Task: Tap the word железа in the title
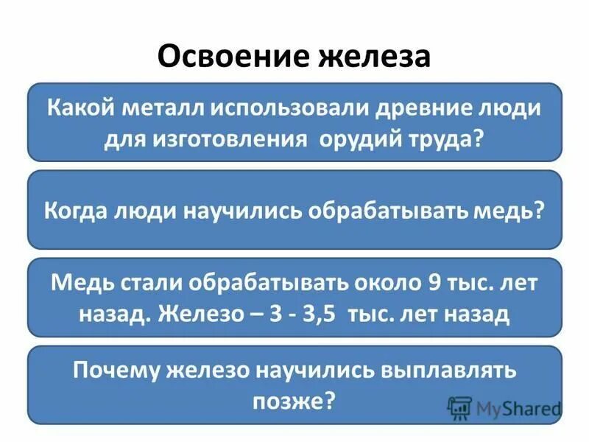pyautogui.click(x=375, y=57)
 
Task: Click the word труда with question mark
pyautogui.click(x=445, y=139)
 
